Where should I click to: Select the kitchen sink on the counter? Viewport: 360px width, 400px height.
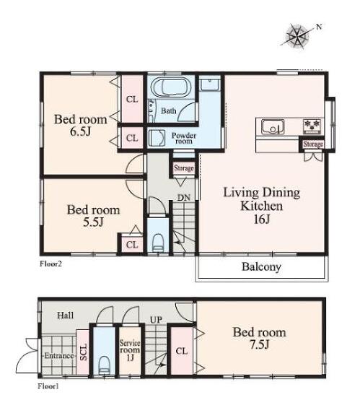click(x=273, y=126)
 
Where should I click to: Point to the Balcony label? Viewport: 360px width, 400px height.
click(x=261, y=267)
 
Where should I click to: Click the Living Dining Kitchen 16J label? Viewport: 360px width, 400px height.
click(x=262, y=206)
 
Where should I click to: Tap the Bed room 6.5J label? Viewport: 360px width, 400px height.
click(x=80, y=125)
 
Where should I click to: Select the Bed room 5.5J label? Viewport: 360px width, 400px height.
click(x=93, y=216)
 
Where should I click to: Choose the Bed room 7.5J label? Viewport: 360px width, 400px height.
click(x=259, y=338)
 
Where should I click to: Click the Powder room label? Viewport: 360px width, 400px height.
click(x=184, y=138)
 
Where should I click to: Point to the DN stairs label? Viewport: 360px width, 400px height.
click(x=184, y=197)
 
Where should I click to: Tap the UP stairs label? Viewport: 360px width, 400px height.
click(x=156, y=320)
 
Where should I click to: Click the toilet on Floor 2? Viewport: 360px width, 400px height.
click(x=158, y=243)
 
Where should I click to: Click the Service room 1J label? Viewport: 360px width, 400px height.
click(x=130, y=350)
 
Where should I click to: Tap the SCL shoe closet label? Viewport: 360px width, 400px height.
click(x=84, y=352)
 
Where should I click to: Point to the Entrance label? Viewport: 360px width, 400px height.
click(x=59, y=356)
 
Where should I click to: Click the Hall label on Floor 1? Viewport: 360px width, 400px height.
click(x=66, y=316)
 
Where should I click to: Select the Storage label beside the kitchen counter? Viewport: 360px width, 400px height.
click(x=313, y=144)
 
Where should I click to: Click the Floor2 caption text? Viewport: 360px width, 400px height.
click(x=51, y=264)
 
